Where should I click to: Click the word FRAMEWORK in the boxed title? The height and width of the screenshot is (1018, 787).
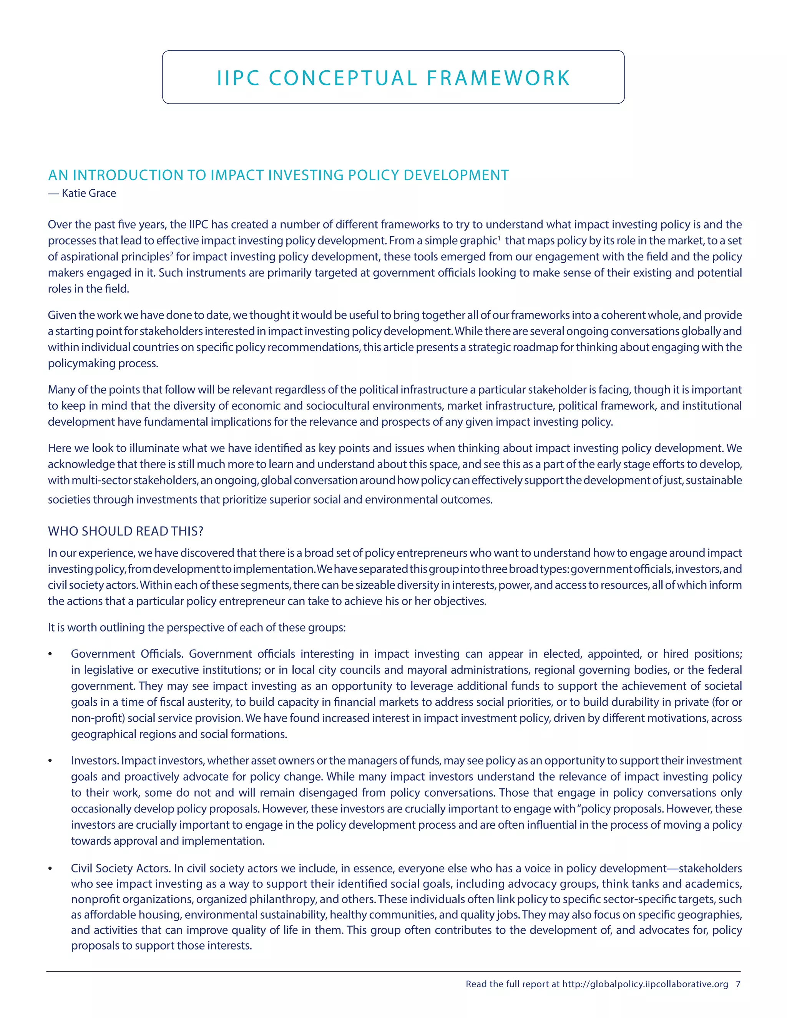pyautogui.click(x=498, y=78)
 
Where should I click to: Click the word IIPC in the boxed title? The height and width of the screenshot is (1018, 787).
pyautogui.click(x=238, y=78)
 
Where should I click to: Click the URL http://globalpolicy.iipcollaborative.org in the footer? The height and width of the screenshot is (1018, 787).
pyautogui.click(x=645, y=984)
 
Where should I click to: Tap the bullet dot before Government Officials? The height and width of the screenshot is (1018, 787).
pyautogui.click(x=50, y=655)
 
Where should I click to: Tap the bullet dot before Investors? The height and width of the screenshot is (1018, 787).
pyautogui.click(x=50, y=761)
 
